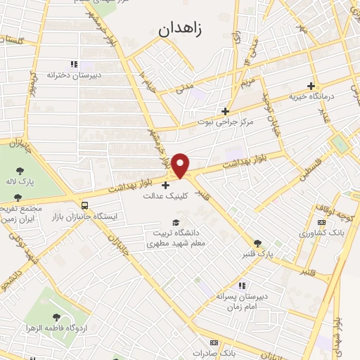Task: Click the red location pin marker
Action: point(181,165)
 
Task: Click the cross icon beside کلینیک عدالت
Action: point(165,186)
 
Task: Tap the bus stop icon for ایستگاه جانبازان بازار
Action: point(85,205)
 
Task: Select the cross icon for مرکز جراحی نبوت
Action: point(225,111)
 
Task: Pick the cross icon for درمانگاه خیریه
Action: point(310,86)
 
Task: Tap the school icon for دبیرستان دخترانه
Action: point(72,64)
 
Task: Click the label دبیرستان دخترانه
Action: point(75,75)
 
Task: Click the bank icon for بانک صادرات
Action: point(214,343)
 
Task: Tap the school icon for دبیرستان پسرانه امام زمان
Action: point(242,285)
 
